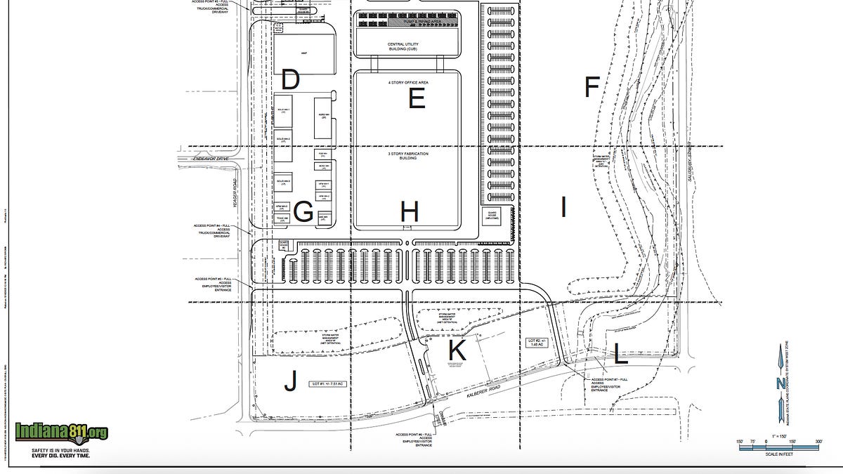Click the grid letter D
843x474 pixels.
290,80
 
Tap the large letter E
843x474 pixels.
417,99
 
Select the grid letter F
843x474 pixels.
592,87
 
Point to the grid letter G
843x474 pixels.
303,211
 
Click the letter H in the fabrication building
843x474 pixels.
410,211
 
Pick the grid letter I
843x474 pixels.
563,207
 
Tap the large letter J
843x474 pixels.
290,382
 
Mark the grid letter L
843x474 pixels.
620,354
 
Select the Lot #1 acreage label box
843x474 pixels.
329,384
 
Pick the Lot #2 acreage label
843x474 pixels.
536,343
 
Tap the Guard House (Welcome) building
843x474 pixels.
492,216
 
